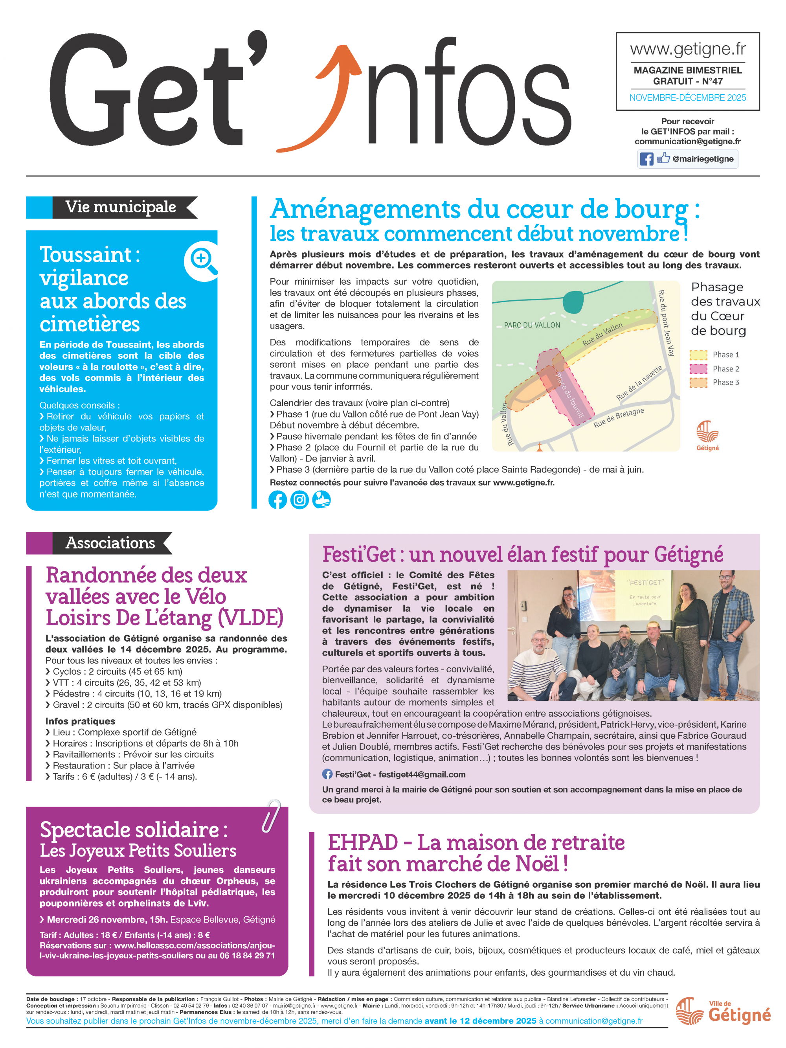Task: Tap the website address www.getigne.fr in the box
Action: coord(687,49)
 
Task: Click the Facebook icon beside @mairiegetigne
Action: coord(646,159)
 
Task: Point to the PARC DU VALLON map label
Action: coord(532,325)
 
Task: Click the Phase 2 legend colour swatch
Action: coord(698,369)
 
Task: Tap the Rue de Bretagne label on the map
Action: coord(618,417)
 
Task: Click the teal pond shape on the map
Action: coord(573,302)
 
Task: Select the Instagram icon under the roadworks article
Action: coord(299,500)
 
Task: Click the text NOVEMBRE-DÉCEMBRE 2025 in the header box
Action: coord(687,98)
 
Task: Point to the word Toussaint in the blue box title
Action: coord(86,255)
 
